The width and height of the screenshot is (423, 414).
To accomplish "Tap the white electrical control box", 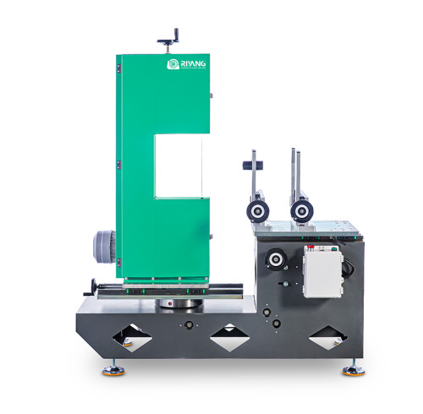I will pyautogui.click(x=321, y=270).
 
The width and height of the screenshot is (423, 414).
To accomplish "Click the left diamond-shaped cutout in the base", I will pyautogui.click(x=133, y=340).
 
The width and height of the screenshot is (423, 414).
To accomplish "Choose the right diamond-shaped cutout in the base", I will pyautogui.click(x=328, y=340).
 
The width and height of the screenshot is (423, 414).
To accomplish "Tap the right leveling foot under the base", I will pyautogui.click(x=352, y=369).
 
